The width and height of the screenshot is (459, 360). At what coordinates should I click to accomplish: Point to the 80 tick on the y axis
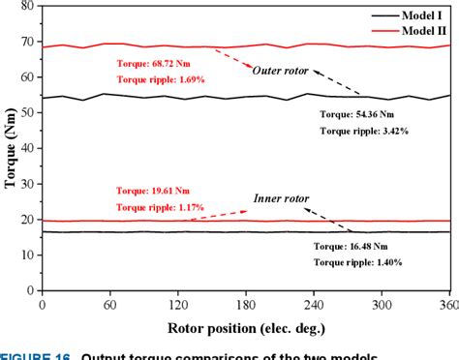(x=28, y=6)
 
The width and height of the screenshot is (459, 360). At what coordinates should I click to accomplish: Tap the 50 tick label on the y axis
(x=28, y=113)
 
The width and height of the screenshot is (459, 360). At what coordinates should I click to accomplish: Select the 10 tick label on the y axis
(x=28, y=255)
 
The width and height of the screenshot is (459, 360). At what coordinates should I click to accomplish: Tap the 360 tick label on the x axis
(x=447, y=303)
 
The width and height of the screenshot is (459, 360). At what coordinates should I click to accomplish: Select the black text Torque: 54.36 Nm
(x=356, y=113)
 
